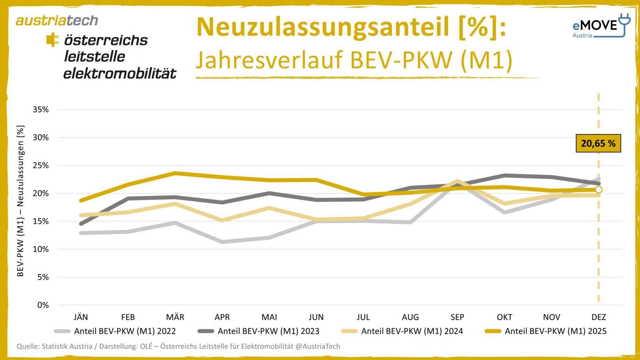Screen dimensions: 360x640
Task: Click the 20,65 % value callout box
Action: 598,143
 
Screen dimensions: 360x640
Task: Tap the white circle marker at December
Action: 598,190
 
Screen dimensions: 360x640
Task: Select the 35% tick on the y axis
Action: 40,110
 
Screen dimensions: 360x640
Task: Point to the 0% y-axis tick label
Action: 43,305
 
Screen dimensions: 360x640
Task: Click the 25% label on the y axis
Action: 40,165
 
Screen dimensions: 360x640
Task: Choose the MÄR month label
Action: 175,317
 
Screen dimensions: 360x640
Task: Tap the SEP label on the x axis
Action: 457,317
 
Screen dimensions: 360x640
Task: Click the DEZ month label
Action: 598,317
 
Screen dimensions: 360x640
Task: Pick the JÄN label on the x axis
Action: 81,317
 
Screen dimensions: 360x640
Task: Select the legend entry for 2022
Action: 115,331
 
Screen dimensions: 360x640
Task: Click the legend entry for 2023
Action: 259,331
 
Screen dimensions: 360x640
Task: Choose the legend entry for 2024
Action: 402,331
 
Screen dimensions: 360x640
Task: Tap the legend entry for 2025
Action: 546,331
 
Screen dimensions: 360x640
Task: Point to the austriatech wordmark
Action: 57,20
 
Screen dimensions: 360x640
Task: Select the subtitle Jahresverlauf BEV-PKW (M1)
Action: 354,60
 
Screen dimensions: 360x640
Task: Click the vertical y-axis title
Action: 20,201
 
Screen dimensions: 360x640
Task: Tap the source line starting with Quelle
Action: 178,346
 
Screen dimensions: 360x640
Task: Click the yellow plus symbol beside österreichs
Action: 52,40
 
